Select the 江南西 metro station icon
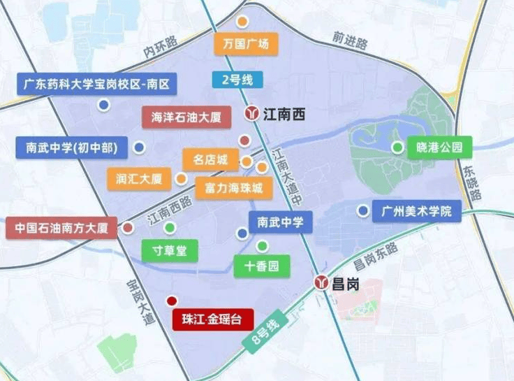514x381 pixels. click(x=251, y=113)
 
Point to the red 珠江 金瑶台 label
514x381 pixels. click(x=212, y=319)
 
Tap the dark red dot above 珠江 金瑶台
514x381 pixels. click(x=172, y=301)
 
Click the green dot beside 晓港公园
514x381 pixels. click(x=397, y=147)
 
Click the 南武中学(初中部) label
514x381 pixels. click(x=71, y=148)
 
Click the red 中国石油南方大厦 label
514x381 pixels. click(x=61, y=228)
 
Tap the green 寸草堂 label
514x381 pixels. click(x=170, y=250)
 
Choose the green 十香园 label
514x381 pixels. click(x=262, y=266)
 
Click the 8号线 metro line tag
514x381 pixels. click(x=264, y=329)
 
